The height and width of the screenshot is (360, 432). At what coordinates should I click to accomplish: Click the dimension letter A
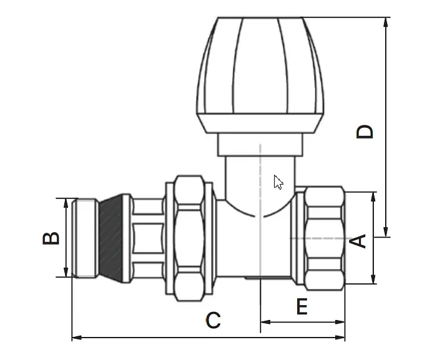(x=358, y=241)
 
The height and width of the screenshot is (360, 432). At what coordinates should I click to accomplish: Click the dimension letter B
(x=51, y=238)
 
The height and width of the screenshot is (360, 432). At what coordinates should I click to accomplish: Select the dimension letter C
(x=214, y=320)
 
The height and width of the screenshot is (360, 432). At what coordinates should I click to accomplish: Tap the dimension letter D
(x=365, y=132)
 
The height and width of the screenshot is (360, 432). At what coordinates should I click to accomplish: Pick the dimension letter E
(x=302, y=306)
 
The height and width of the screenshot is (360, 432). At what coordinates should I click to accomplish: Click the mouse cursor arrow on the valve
(x=278, y=182)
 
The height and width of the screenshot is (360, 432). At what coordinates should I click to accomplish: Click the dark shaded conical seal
(x=110, y=238)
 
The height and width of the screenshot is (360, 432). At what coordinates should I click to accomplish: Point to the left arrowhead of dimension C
(x=77, y=338)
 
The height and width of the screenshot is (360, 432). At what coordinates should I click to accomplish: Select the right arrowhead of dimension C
(x=340, y=338)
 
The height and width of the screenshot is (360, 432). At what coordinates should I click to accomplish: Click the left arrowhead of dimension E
(x=265, y=322)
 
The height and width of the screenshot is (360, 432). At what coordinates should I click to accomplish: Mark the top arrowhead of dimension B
(x=66, y=203)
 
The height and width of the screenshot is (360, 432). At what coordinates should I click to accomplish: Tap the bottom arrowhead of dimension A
(x=373, y=279)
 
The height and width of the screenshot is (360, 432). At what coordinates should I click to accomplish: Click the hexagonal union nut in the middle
(x=190, y=238)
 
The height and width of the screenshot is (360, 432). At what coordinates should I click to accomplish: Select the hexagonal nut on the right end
(x=325, y=238)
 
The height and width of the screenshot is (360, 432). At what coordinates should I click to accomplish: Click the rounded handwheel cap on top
(x=260, y=74)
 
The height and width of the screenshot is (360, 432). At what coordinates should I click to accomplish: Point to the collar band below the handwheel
(x=260, y=145)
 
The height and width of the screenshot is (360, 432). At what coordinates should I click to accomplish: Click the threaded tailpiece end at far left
(x=86, y=238)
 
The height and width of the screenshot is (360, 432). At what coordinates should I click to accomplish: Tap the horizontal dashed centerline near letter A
(x=321, y=238)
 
